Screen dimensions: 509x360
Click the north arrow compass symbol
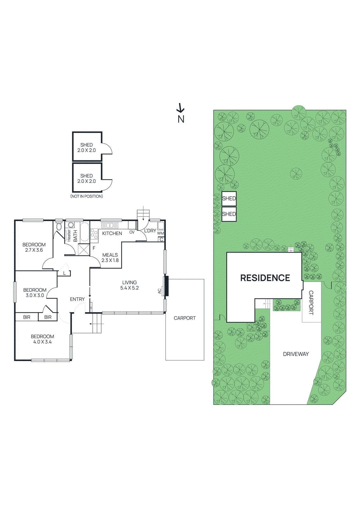click(x=180, y=108)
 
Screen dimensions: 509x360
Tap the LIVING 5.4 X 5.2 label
click(x=129, y=285)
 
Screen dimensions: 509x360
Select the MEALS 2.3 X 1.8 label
click(x=110, y=257)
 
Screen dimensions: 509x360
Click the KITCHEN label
click(x=112, y=233)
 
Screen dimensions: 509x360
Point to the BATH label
click(x=75, y=236)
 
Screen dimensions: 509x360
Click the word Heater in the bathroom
click(x=69, y=236)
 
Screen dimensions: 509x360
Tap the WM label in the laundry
click(x=160, y=233)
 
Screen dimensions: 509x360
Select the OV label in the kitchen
click(x=132, y=232)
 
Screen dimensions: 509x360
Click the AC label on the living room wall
click(x=159, y=291)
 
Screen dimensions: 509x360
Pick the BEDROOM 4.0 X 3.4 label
click(x=42, y=339)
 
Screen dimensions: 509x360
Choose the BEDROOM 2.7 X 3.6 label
click(x=34, y=247)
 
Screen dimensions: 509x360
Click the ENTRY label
click(x=77, y=299)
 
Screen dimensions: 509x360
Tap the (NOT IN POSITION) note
click(x=87, y=196)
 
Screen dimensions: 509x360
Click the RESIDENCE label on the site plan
click(x=265, y=278)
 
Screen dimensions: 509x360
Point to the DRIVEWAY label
click(x=296, y=354)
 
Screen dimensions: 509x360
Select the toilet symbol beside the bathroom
click(x=59, y=227)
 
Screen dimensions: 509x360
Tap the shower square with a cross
click(x=84, y=249)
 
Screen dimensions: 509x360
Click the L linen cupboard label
click(x=64, y=273)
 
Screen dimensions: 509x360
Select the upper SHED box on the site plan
click(x=229, y=199)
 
